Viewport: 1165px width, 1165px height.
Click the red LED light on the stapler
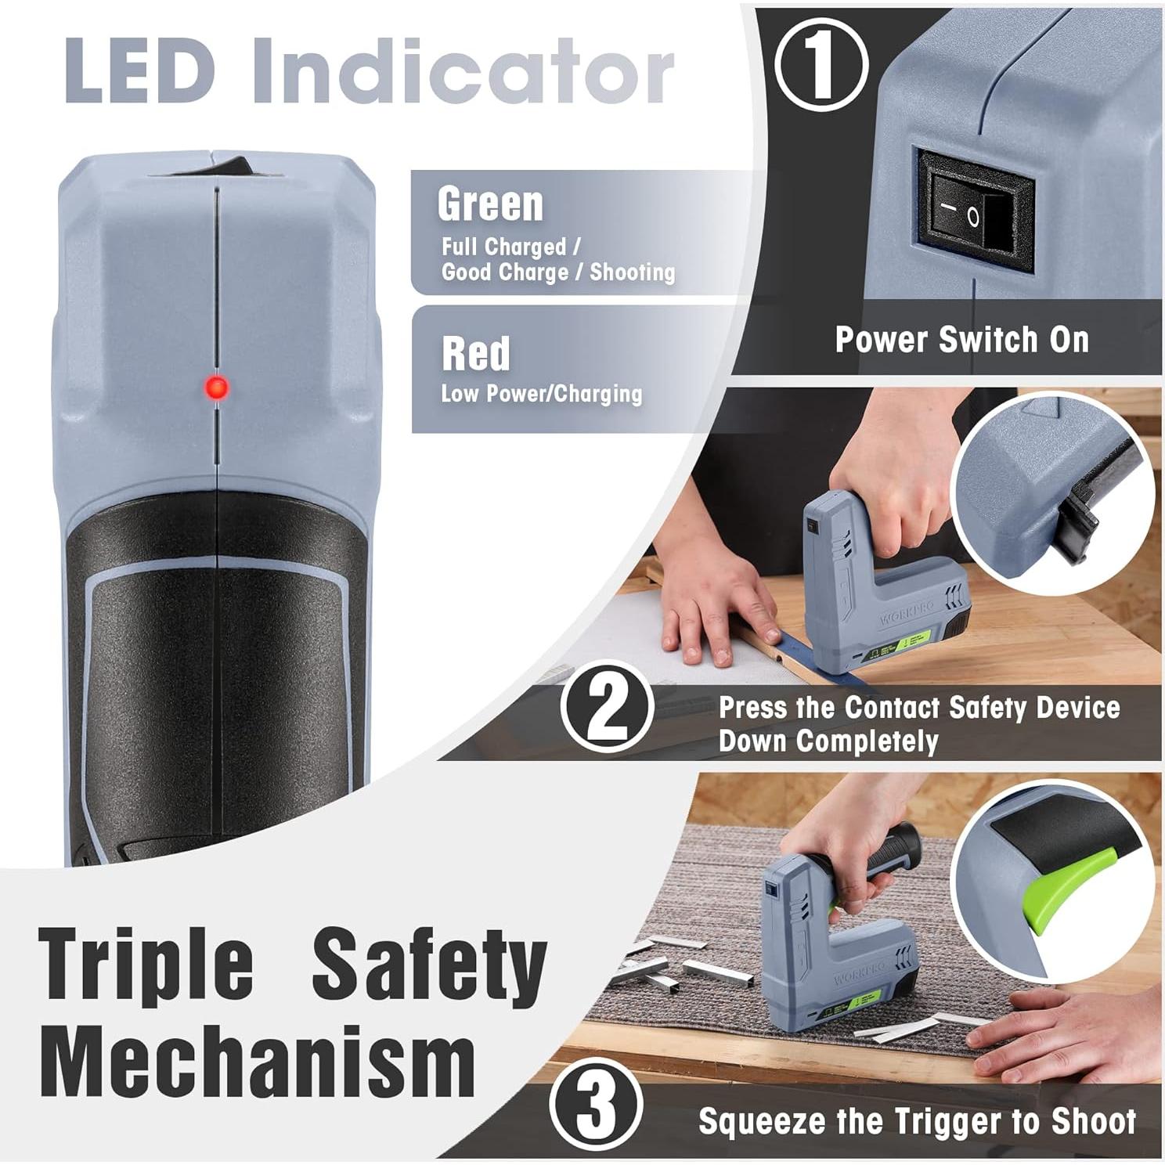pyautogui.click(x=216, y=388)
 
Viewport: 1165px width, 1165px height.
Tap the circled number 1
pyautogui.click(x=821, y=64)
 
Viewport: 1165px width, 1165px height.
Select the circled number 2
pyautogui.click(x=607, y=708)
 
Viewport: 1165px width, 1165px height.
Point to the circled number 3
pyautogui.click(x=597, y=1105)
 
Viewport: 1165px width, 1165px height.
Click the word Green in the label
pyautogui.click(x=490, y=204)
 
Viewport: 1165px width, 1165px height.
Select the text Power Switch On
pyautogui.click(x=961, y=340)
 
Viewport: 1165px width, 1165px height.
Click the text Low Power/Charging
pyautogui.click(x=541, y=394)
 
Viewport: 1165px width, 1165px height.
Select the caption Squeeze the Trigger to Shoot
pyautogui.click(x=916, y=1121)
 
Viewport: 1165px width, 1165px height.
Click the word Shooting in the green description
pyautogui.click(x=632, y=272)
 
